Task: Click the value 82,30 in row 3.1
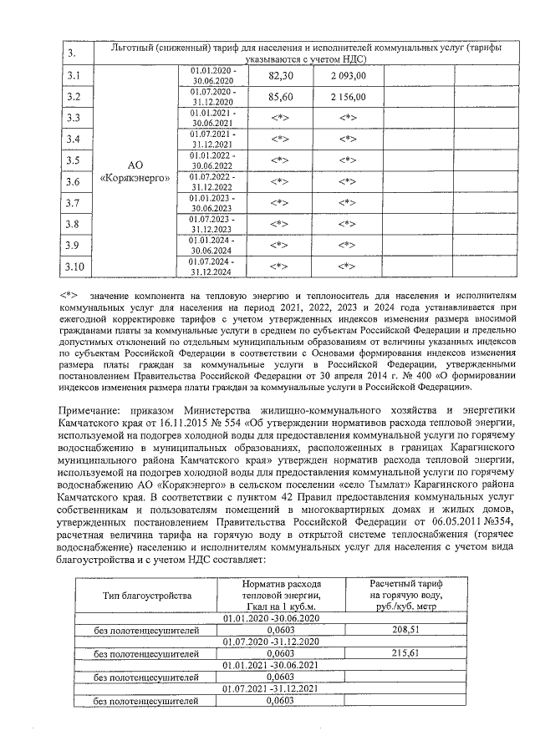(x=281, y=75)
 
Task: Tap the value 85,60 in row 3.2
(x=281, y=97)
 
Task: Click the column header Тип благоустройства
(x=147, y=596)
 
